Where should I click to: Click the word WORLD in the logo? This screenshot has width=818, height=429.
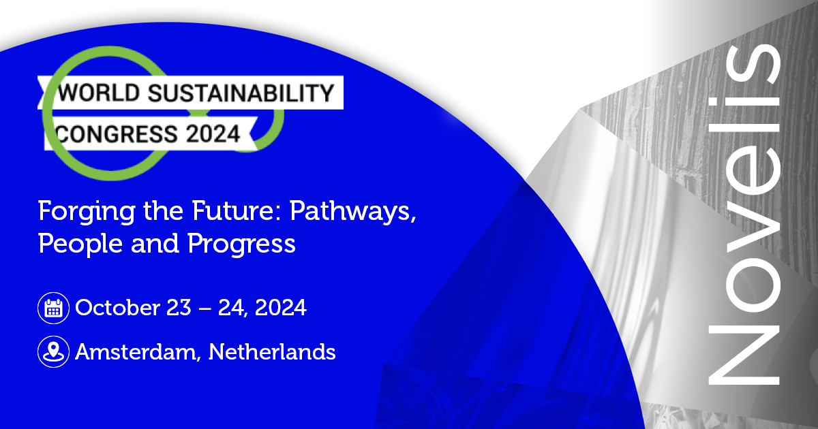99,93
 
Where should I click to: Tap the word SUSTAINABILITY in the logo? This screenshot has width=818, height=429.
241,93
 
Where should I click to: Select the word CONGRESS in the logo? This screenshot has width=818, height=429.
117,133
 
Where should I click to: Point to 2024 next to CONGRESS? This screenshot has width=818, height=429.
213,133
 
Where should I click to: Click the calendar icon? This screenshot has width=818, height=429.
53,308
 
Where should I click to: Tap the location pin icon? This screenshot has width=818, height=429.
53,351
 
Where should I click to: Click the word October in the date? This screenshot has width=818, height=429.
117,307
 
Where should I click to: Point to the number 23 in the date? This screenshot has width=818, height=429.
179,308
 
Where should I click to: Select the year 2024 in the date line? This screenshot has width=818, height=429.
280,308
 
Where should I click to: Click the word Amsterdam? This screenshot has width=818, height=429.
138,352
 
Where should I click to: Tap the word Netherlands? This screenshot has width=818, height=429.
272,351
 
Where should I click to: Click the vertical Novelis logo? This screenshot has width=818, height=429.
744,214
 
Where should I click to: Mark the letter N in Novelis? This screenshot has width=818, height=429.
744,355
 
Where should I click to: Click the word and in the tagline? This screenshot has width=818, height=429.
155,243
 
